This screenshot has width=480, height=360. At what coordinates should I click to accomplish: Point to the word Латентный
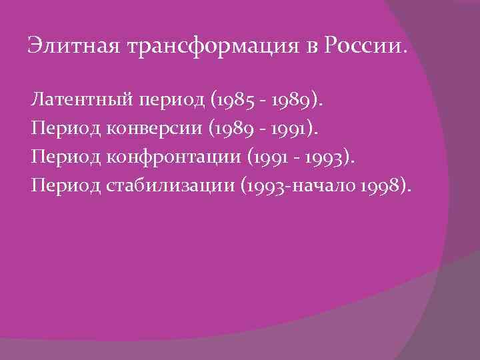click(x=81, y=101)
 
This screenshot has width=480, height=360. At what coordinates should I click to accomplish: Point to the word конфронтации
click(x=169, y=157)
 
